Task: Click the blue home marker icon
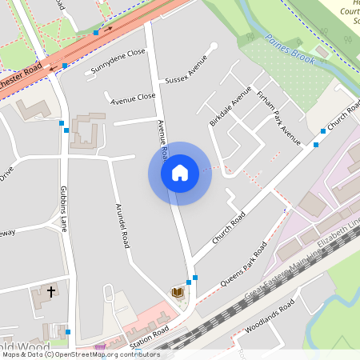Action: click(x=179, y=173)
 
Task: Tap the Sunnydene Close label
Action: click(x=118, y=62)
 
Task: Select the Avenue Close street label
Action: click(x=133, y=98)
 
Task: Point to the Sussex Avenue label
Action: click(x=186, y=70)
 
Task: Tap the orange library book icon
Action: click(x=178, y=294)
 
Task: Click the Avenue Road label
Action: click(x=162, y=138)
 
